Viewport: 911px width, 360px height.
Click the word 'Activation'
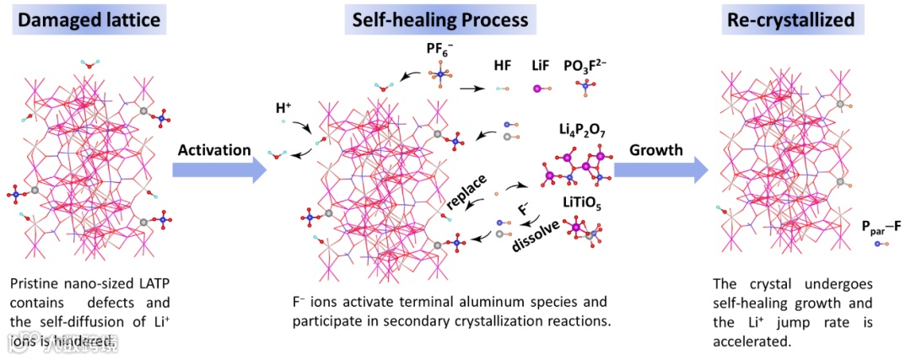[213, 149]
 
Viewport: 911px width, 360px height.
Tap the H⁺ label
[286, 110]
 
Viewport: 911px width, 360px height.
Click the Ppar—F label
[881, 226]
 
